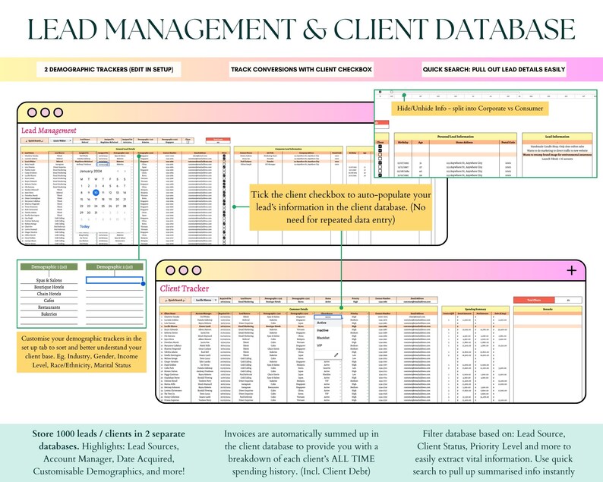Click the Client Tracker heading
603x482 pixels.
tap(185, 288)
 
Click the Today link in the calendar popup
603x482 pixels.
tap(85, 226)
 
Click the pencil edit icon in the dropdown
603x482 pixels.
tap(336, 354)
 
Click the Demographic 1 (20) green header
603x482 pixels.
tap(49, 266)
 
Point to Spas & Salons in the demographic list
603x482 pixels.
tap(49, 280)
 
